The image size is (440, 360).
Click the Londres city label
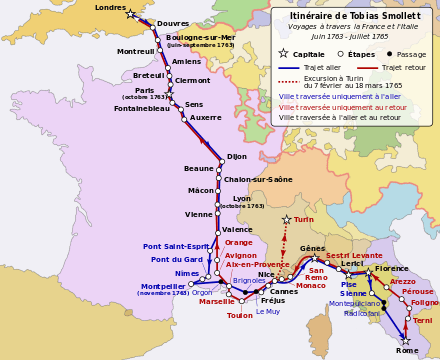[110, 7]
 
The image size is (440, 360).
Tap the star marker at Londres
[131, 15]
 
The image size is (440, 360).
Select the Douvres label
[173, 23]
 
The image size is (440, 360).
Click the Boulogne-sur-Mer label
[200, 37]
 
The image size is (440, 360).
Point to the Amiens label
[187, 61]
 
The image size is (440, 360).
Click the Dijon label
[237, 156]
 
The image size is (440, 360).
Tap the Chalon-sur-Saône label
[258, 179]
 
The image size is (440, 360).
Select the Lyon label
[242, 198]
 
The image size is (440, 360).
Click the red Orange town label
[239, 242]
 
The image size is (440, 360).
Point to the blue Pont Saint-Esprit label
[176, 246]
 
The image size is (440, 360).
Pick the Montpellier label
[163, 286]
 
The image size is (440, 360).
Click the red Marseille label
[217, 301]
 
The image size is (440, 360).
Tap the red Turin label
[304, 219]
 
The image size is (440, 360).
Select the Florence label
[392, 268]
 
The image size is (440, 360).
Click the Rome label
[407, 351]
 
